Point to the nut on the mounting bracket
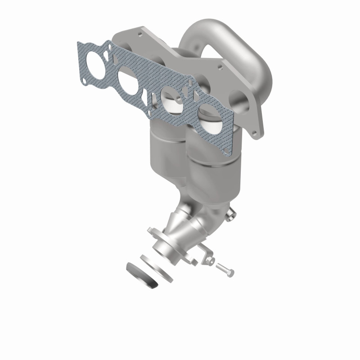tap(208, 259)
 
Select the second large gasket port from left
tap(131, 80)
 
